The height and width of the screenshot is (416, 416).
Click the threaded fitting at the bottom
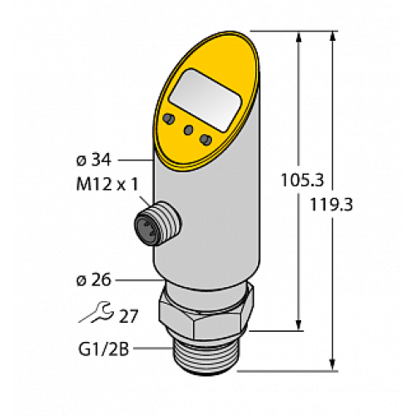[210, 354]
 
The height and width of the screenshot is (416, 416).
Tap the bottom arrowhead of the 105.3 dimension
[298, 326]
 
